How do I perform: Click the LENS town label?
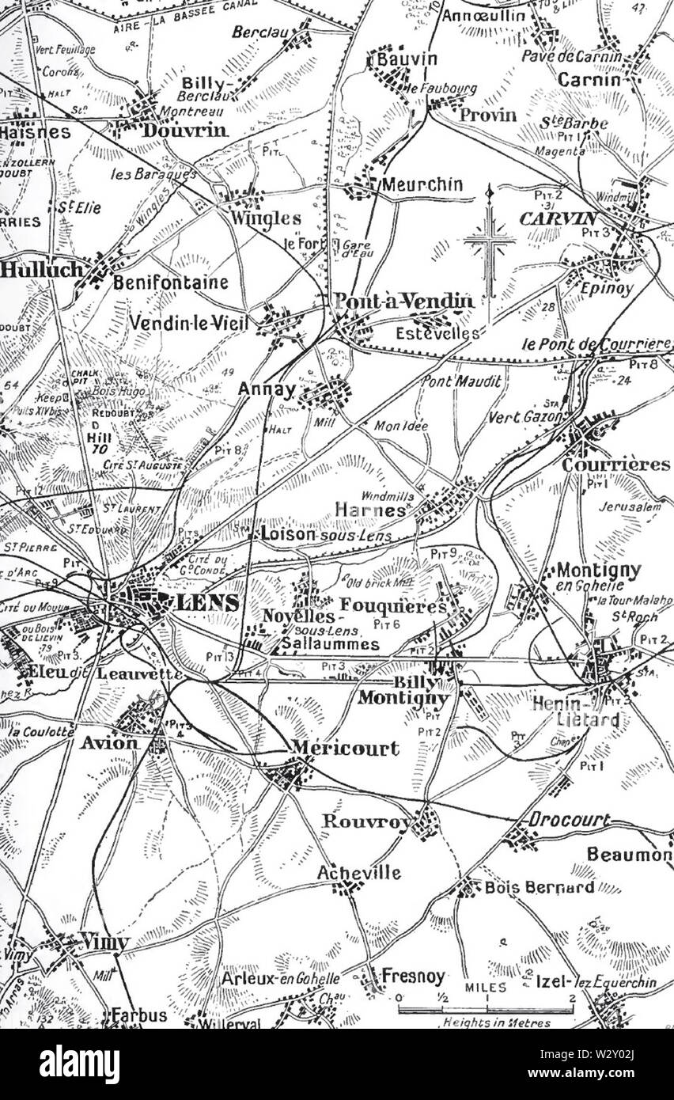(x=206, y=603)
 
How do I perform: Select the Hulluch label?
(x=41, y=270)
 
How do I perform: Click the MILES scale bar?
(x=485, y=1010)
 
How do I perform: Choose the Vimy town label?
(x=104, y=942)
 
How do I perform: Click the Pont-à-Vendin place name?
(x=404, y=302)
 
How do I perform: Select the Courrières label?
(x=615, y=465)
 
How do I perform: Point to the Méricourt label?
(x=345, y=749)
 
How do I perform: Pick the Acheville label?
(x=358, y=873)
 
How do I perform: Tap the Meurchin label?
(x=422, y=184)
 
